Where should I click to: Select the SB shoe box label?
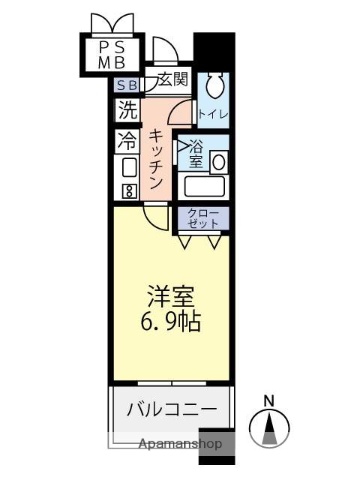coord(126,86)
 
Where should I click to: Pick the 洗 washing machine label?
coord(127,108)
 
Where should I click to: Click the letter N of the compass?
coord(268,402)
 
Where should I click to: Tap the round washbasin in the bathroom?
coord(218,160)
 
